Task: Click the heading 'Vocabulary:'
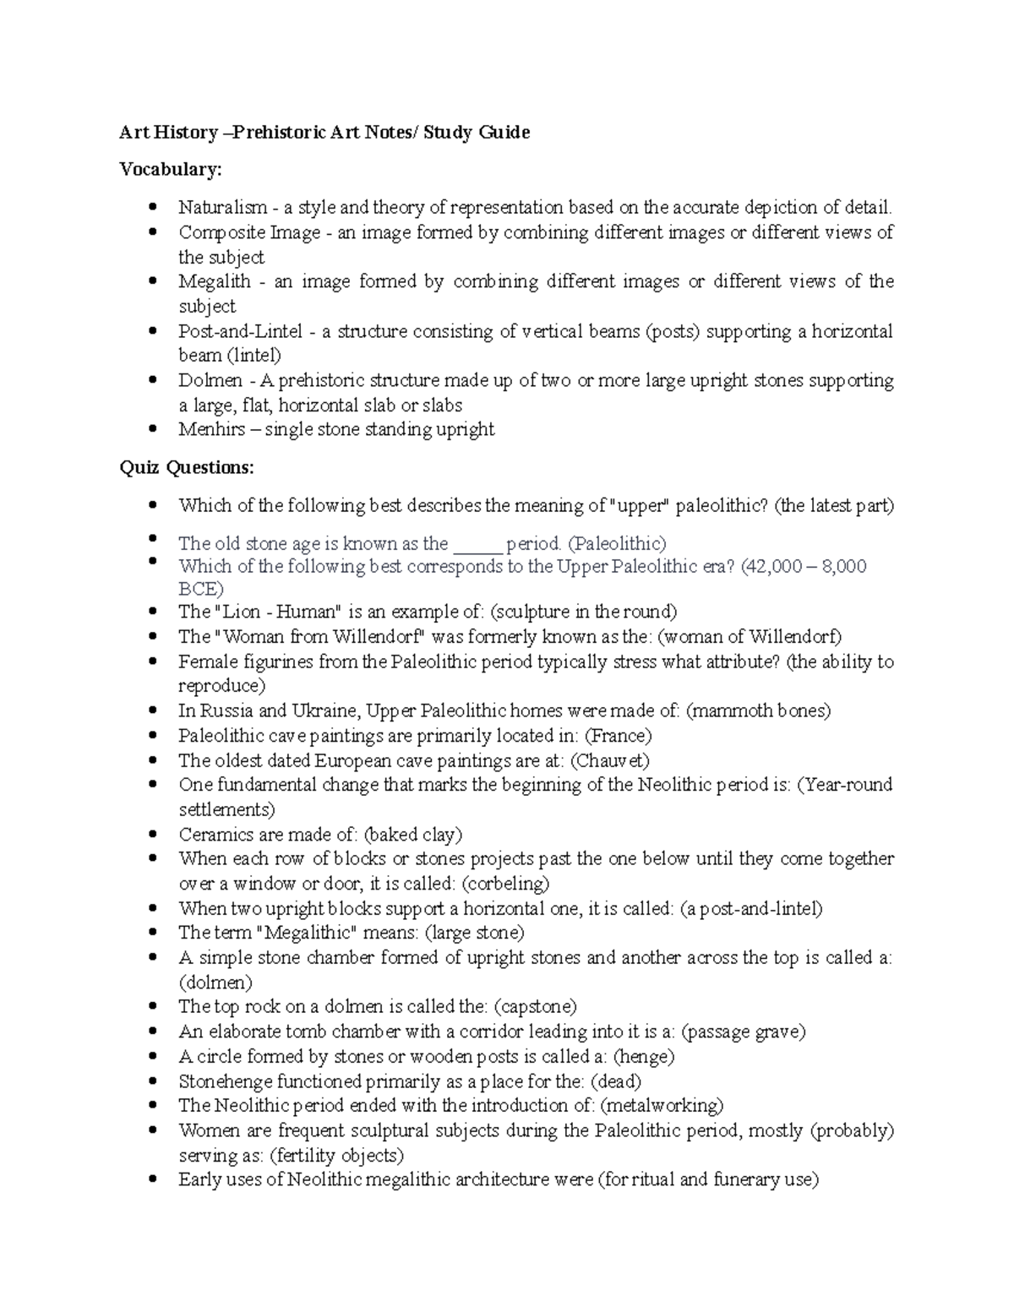click(171, 170)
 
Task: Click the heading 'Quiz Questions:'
click(186, 468)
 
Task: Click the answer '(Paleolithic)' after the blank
click(617, 543)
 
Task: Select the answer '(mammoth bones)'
click(758, 711)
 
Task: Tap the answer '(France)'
click(619, 736)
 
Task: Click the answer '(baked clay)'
click(413, 835)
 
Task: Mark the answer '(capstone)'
click(535, 1007)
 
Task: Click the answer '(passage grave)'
click(744, 1032)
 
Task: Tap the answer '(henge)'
click(644, 1057)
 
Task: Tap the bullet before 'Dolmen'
click(152, 381)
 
